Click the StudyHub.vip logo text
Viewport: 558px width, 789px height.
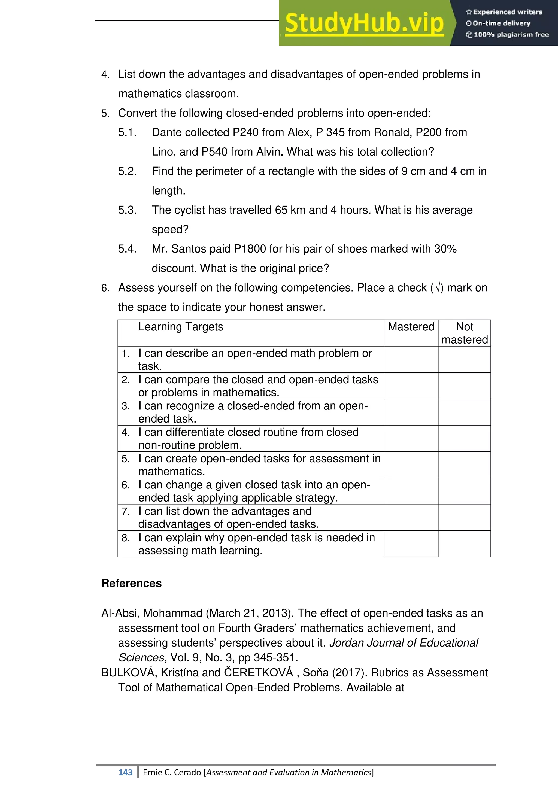pos(364,23)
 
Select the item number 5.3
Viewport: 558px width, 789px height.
pos(127,210)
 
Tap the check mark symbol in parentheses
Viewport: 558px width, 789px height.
pos(437,288)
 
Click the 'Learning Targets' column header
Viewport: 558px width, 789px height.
pos(180,327)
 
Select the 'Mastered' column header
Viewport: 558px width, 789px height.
pos(411,327)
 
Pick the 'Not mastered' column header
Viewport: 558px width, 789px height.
pos(465,333)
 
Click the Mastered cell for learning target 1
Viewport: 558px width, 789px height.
pos(411,359)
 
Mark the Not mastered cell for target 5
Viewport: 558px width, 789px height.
pos(465,465)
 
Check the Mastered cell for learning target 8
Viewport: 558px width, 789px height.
pos(411,544)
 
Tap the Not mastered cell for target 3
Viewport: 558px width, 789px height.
pos(465,412)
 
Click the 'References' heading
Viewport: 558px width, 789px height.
pos(132,584)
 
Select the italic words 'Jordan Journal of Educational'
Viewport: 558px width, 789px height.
pos(404,643)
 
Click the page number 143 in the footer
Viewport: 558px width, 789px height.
pos(125,772)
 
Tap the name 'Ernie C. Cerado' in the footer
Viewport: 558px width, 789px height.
pos(172,772)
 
